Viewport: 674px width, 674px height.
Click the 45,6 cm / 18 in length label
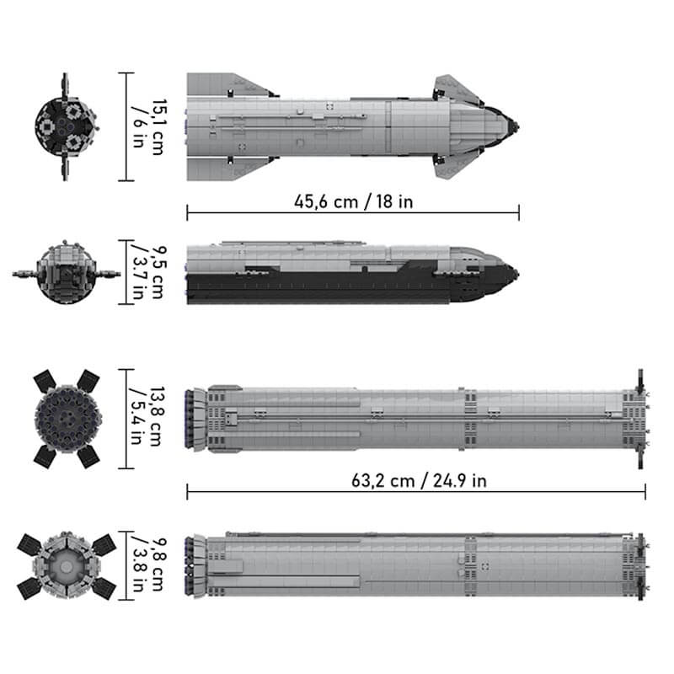[353, 201]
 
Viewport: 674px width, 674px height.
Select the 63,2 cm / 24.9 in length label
[419, 480]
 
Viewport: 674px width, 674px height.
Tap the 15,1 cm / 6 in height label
[149, 127]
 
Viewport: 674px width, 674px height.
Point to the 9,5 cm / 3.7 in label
[149, 272]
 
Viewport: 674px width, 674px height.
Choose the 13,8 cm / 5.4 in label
[149, 416]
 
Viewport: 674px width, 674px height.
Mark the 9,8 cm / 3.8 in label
[149, 564]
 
